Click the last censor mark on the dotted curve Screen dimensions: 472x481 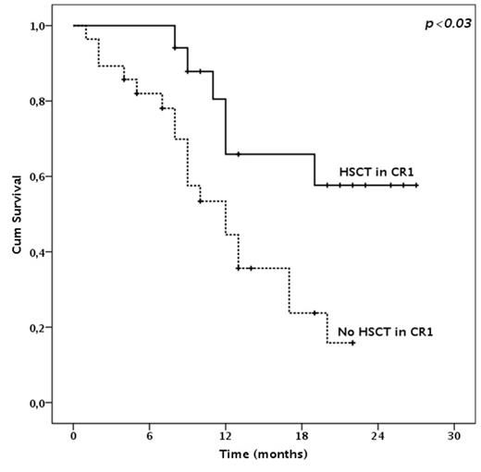(352, 343)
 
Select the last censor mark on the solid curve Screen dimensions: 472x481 (416, 186)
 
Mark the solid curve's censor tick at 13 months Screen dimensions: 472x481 (239, 154)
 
